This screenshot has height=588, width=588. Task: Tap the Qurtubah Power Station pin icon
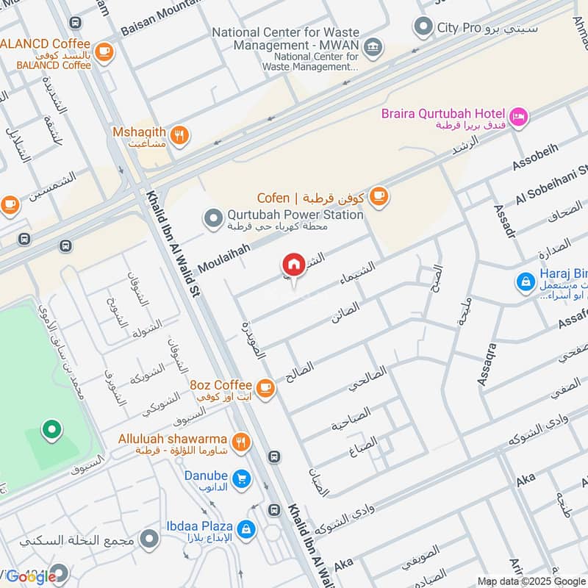(213, 219)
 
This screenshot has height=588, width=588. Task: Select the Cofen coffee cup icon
(379, 196)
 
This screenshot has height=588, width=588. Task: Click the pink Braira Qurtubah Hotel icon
(519, 117)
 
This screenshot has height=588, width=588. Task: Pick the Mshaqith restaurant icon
(179, 136)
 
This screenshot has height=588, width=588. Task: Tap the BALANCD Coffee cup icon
(104, 51)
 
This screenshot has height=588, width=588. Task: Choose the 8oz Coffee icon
(265, 388)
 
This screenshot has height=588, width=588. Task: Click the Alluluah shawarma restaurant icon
(240, 442)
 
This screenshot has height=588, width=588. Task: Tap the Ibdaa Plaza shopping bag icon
(246, 528)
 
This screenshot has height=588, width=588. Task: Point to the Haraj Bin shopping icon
(525, 281)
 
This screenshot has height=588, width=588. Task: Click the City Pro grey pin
(423, 29)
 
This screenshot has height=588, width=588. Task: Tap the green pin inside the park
(51, 430)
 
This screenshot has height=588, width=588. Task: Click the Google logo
(32, 576)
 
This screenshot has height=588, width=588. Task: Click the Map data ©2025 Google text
(531, 581)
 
